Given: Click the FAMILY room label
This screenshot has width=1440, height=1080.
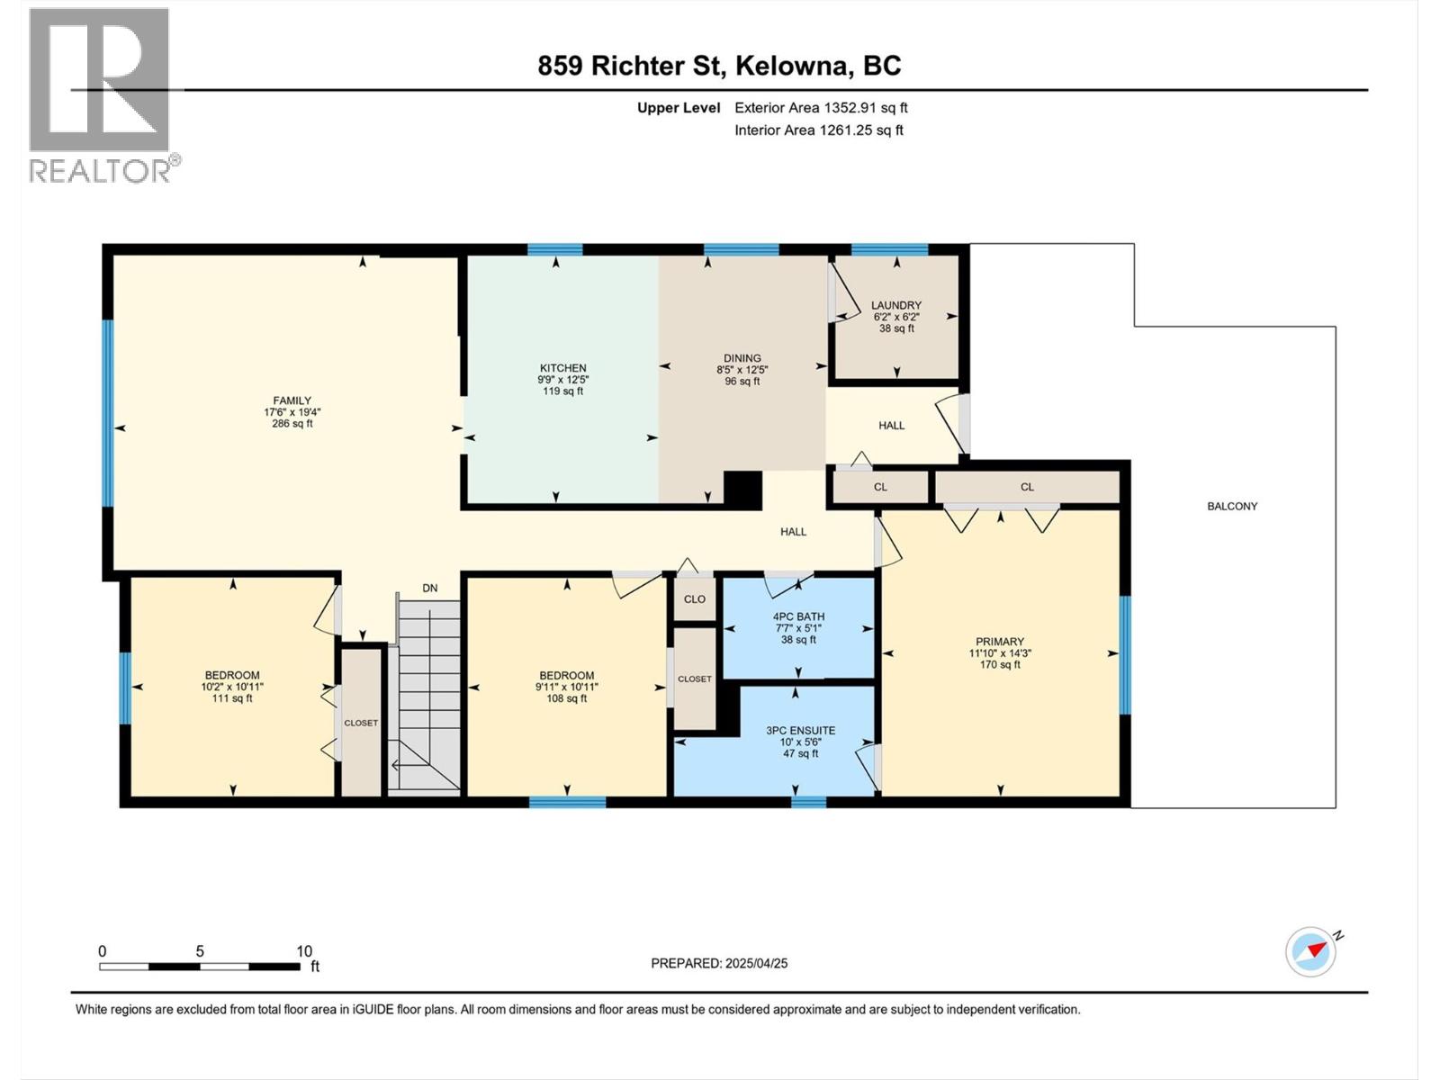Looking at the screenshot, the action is coord(292,400).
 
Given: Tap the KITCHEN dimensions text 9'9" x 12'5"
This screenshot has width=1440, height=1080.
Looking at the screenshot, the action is coord(562,380).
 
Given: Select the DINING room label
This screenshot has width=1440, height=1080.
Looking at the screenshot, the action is coord(742,358).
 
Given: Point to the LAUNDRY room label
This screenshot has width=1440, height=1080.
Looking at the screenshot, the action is coord(896,305).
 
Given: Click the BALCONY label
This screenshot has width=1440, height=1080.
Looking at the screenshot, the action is coord(1232,506).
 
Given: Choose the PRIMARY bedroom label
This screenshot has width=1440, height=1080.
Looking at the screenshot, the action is coord(999,642).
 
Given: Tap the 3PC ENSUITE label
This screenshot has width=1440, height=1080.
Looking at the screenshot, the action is coord(800,730).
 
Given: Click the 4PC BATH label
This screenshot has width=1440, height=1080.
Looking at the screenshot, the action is coord(798,616).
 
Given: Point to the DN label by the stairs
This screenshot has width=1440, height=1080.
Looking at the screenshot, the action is coord(429,589).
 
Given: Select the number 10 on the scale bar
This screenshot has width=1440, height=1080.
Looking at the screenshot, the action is coord(303,950).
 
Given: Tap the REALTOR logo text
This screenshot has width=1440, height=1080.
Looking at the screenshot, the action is coord(100,171).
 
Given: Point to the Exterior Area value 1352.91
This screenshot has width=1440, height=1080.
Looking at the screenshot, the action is coord(850,107).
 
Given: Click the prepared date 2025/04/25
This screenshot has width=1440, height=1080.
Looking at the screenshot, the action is coord(756,963).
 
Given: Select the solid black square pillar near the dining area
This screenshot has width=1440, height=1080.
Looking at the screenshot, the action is coord(742,490).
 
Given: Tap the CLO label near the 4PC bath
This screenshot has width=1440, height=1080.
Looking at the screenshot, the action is coord(694,599).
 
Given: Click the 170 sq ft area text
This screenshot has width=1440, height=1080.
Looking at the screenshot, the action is coord(1000,664).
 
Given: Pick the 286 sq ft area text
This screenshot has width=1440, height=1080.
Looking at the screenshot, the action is coord(292,424).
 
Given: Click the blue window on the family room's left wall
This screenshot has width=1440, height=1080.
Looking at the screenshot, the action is coord(108,413).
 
